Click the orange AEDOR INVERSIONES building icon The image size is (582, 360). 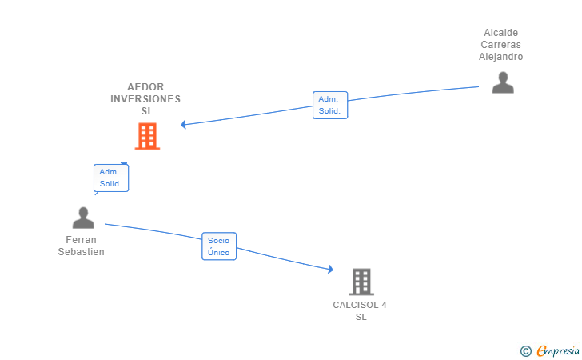(147, 136)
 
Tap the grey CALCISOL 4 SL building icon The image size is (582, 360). (361, 282)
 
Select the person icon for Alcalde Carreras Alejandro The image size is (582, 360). (503, 82)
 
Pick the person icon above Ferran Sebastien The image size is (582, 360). (83, 218)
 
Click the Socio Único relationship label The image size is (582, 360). (218, 246)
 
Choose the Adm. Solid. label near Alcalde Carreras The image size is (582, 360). (329, 105)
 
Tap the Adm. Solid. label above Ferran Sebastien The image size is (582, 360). (110, 178)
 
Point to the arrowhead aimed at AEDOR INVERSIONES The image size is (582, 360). (183, 125)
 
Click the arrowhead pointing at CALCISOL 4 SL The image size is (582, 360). (330, 270)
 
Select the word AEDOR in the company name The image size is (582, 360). (145, 87)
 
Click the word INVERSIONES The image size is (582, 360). (145, 99)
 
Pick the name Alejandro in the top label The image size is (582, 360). (501, 57)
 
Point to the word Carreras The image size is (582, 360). (501, 45)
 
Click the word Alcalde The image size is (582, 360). (501, 33)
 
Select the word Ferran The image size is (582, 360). (82, 240)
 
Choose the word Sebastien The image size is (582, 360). (82, 252)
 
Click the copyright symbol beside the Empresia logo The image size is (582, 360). (525, 350)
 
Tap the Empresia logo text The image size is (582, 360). (558, 350)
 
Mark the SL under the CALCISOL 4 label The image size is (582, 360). (361, 317)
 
